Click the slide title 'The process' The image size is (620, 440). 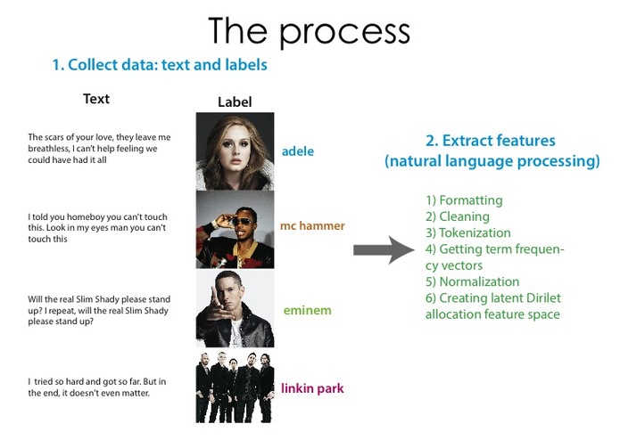tap(309, 31)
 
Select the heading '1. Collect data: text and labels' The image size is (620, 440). tap(160, 65)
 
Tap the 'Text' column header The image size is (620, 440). tap(96, 99)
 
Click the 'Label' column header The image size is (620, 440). tap(235, 102)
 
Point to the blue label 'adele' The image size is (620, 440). tap(297, 151)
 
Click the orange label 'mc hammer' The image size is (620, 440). tap(312, 226)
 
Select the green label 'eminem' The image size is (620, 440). tap(306, 311)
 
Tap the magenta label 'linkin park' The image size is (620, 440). tap(312, 388)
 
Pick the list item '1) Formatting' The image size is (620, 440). tap(464, 200)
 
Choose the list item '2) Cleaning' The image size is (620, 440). tap(458, 216)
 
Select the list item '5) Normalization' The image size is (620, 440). tap(473, 281)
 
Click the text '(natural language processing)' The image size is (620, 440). tap(492, 161)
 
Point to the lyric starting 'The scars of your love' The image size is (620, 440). tap(98, 149)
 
